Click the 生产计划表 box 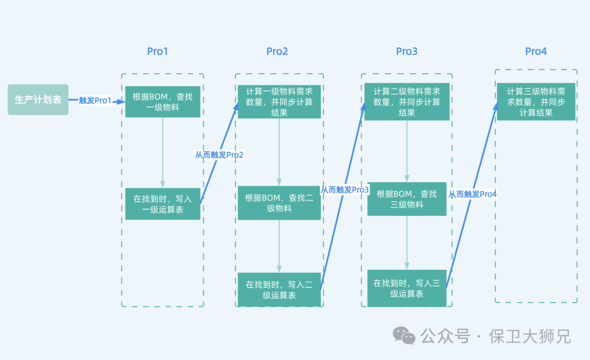point(38,99)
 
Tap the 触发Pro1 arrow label point(95,101)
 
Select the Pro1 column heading point(157,51)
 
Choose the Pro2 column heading point(277,51)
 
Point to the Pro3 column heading point(406,51)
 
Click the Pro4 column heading point(535,51)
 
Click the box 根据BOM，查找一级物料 point(163,102)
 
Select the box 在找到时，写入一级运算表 point(163,204)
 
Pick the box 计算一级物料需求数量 point(279,102)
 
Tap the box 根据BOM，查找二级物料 point(279,203)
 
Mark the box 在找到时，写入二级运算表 point(279,290)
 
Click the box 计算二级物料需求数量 point(407,102)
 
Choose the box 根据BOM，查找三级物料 point(407,199)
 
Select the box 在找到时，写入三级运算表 point(407,288)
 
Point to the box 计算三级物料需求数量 point(535,102)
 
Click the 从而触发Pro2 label point(219,155)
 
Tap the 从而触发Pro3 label point(345,190)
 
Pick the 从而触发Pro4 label point(473,194)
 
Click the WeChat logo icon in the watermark point(405,336)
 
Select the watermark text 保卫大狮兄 point(530,336)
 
